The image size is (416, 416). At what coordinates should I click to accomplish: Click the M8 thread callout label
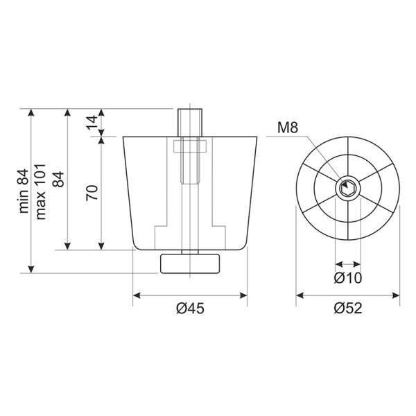pyautogui.click(x=288, y=128)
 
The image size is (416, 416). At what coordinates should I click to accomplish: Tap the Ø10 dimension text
pyautogui.click(x=347, y=278)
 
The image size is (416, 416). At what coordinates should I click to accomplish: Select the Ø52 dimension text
pyautogui.click(x=347, y=309)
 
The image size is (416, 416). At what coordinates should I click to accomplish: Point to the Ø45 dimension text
pyautogui.click(x=190, y=309)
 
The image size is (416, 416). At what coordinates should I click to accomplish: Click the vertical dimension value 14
pyautogui.click(x=92, y=123)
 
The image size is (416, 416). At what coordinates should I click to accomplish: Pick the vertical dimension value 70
pyautogui.click(x=92, y=193)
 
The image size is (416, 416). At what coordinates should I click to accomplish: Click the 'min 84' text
pyautogui.click(x=24, y=191)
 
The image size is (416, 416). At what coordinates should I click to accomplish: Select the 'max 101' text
pyautogui.click(x=41, y=192)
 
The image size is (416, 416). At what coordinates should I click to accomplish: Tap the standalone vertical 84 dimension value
pyautogui.click(x=58, y=179)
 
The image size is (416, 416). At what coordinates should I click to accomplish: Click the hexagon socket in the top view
pyautogui.click(x=347, y=189)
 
